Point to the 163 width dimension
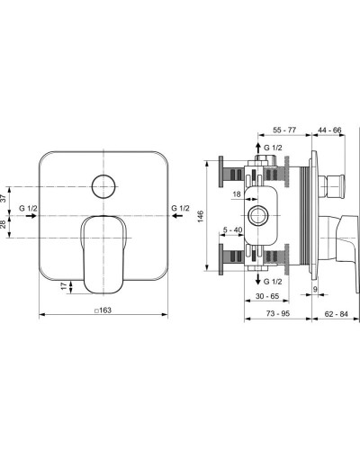(105, 310)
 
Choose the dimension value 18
(235, 194)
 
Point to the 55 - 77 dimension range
(284, 130)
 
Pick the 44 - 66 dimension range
(329, 130)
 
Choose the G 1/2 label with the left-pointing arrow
(180, 209)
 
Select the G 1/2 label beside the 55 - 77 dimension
(272, 147)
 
